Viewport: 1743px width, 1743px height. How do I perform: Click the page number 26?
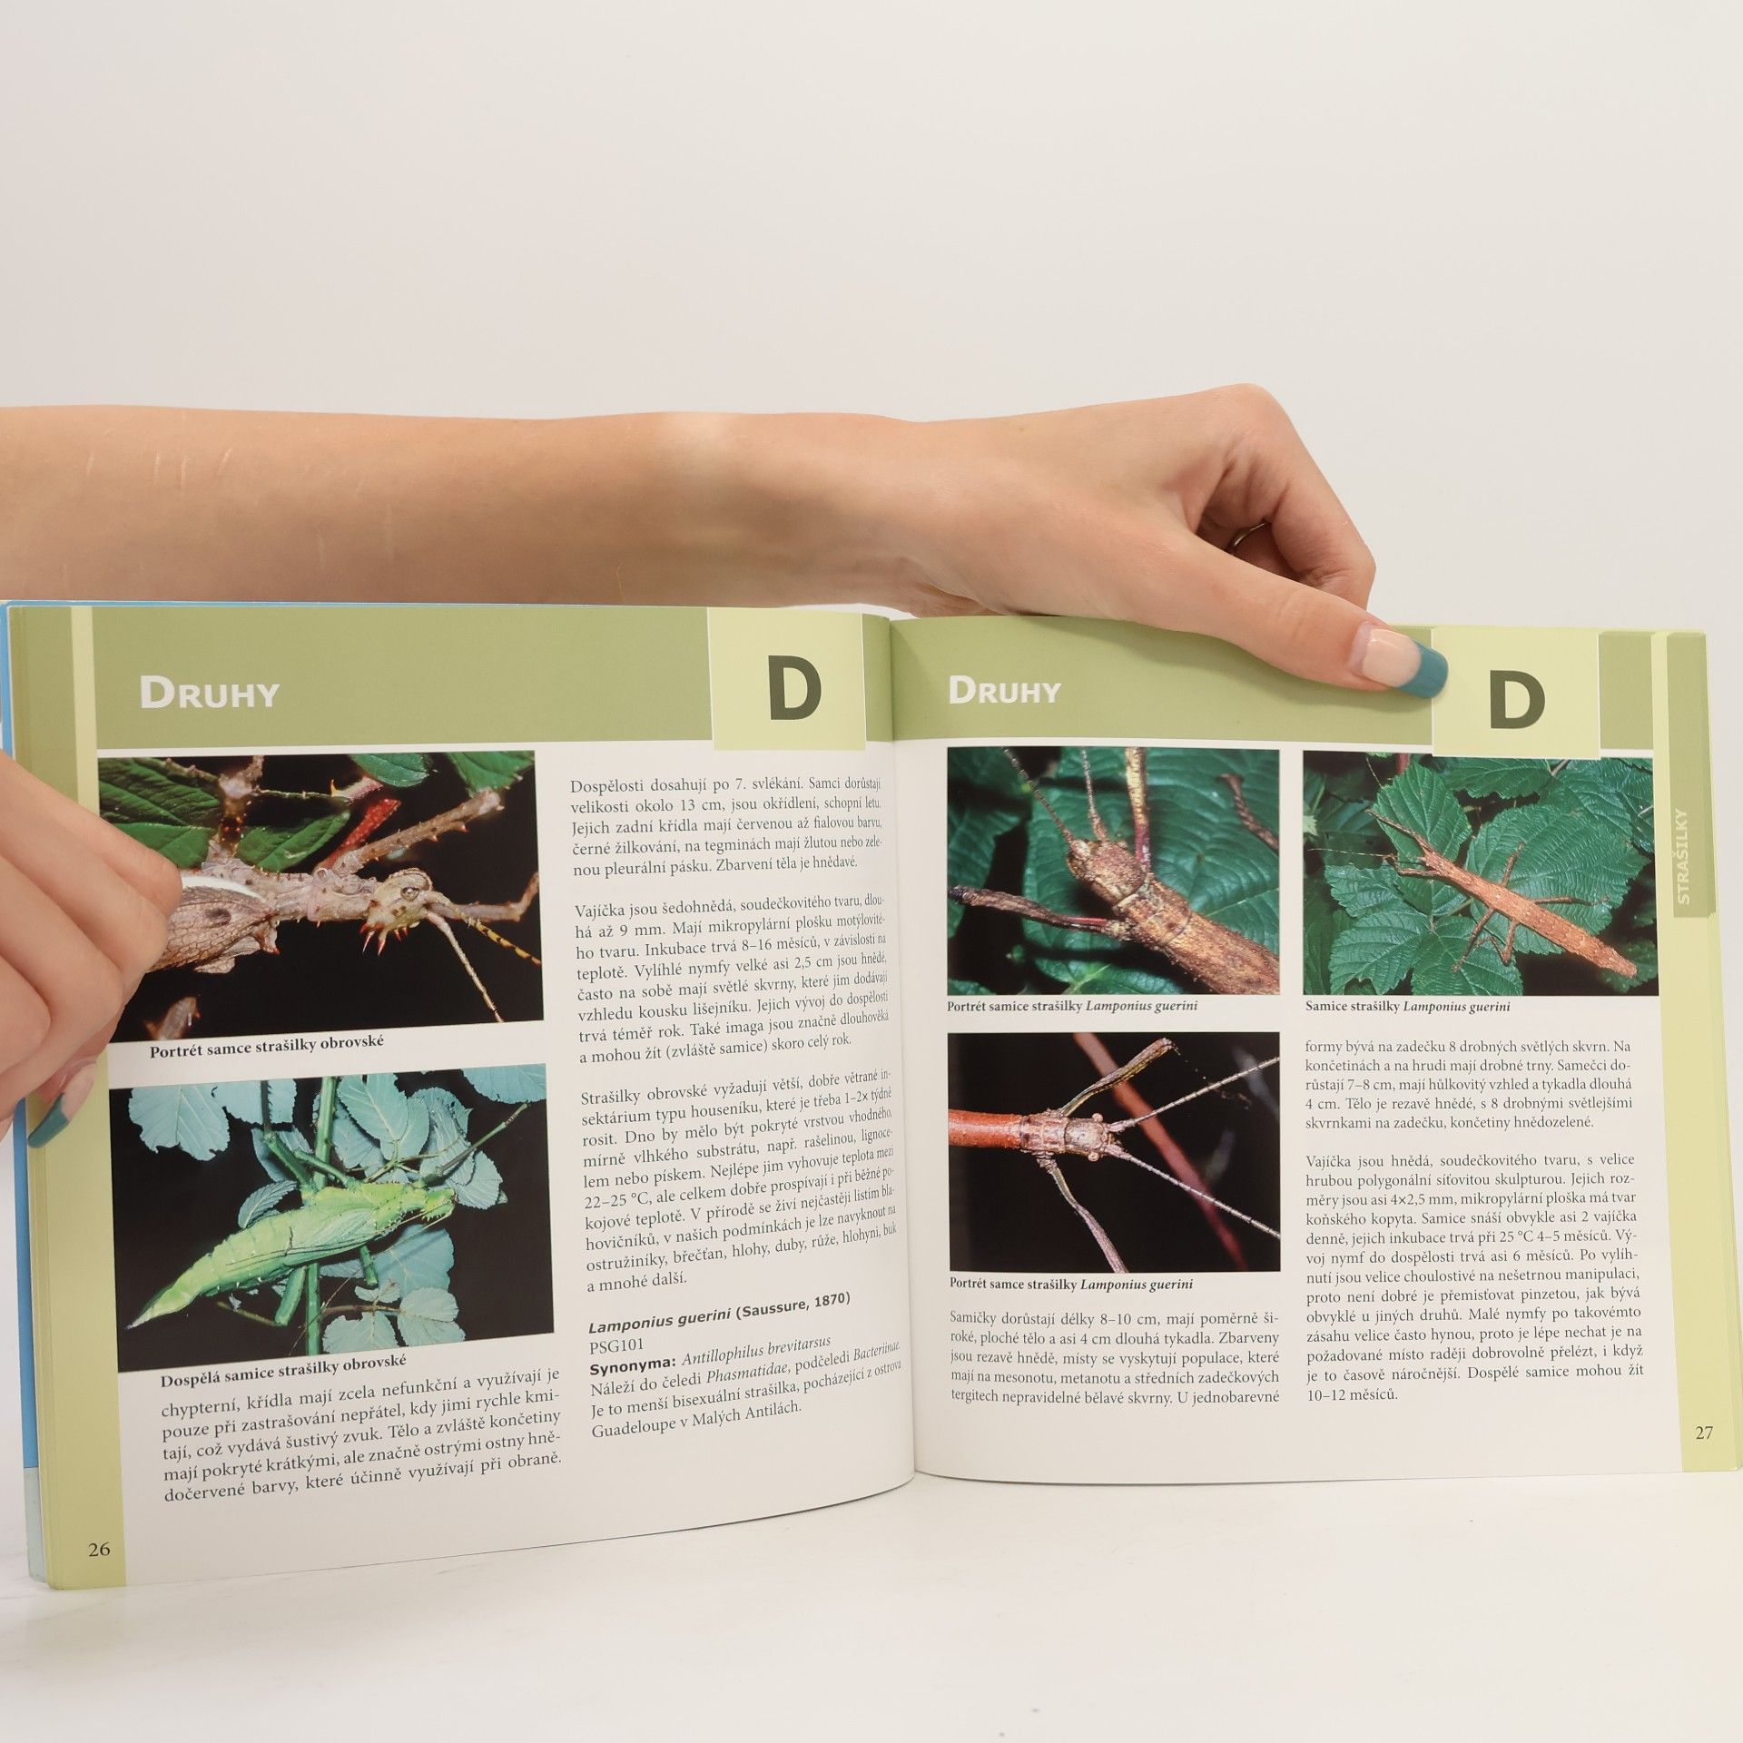click(99, 1550)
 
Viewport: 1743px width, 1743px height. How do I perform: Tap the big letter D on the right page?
click(1516, 700)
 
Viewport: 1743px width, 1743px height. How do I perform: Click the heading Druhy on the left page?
click(209, 694)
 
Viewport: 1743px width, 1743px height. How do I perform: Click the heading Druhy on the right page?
click(1004, 692)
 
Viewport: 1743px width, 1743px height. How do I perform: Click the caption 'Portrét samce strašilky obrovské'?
click(267, 1045)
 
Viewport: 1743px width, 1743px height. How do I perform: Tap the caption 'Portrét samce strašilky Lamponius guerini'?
click(1070, 1285)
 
